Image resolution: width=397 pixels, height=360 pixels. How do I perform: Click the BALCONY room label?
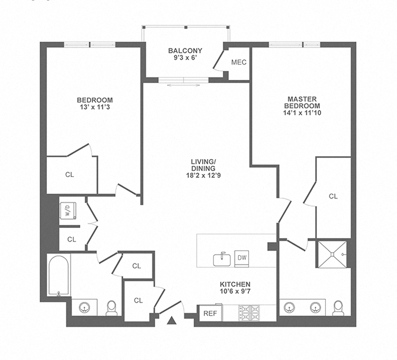point(185,50)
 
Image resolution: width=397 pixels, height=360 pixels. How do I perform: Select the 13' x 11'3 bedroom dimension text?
point(94,108)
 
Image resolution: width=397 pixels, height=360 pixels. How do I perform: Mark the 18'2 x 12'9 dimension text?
point(203,175)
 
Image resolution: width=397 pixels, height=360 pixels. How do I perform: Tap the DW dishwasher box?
point(242,258)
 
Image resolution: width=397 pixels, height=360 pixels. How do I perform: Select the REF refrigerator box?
point(209,313)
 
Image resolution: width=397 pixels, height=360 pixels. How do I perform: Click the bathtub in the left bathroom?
point(58,275)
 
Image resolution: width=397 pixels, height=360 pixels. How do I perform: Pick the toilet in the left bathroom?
point(111,308)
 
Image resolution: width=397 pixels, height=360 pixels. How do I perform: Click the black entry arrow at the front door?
point(172,322)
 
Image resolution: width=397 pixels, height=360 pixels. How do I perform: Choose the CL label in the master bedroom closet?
point(333,196)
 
